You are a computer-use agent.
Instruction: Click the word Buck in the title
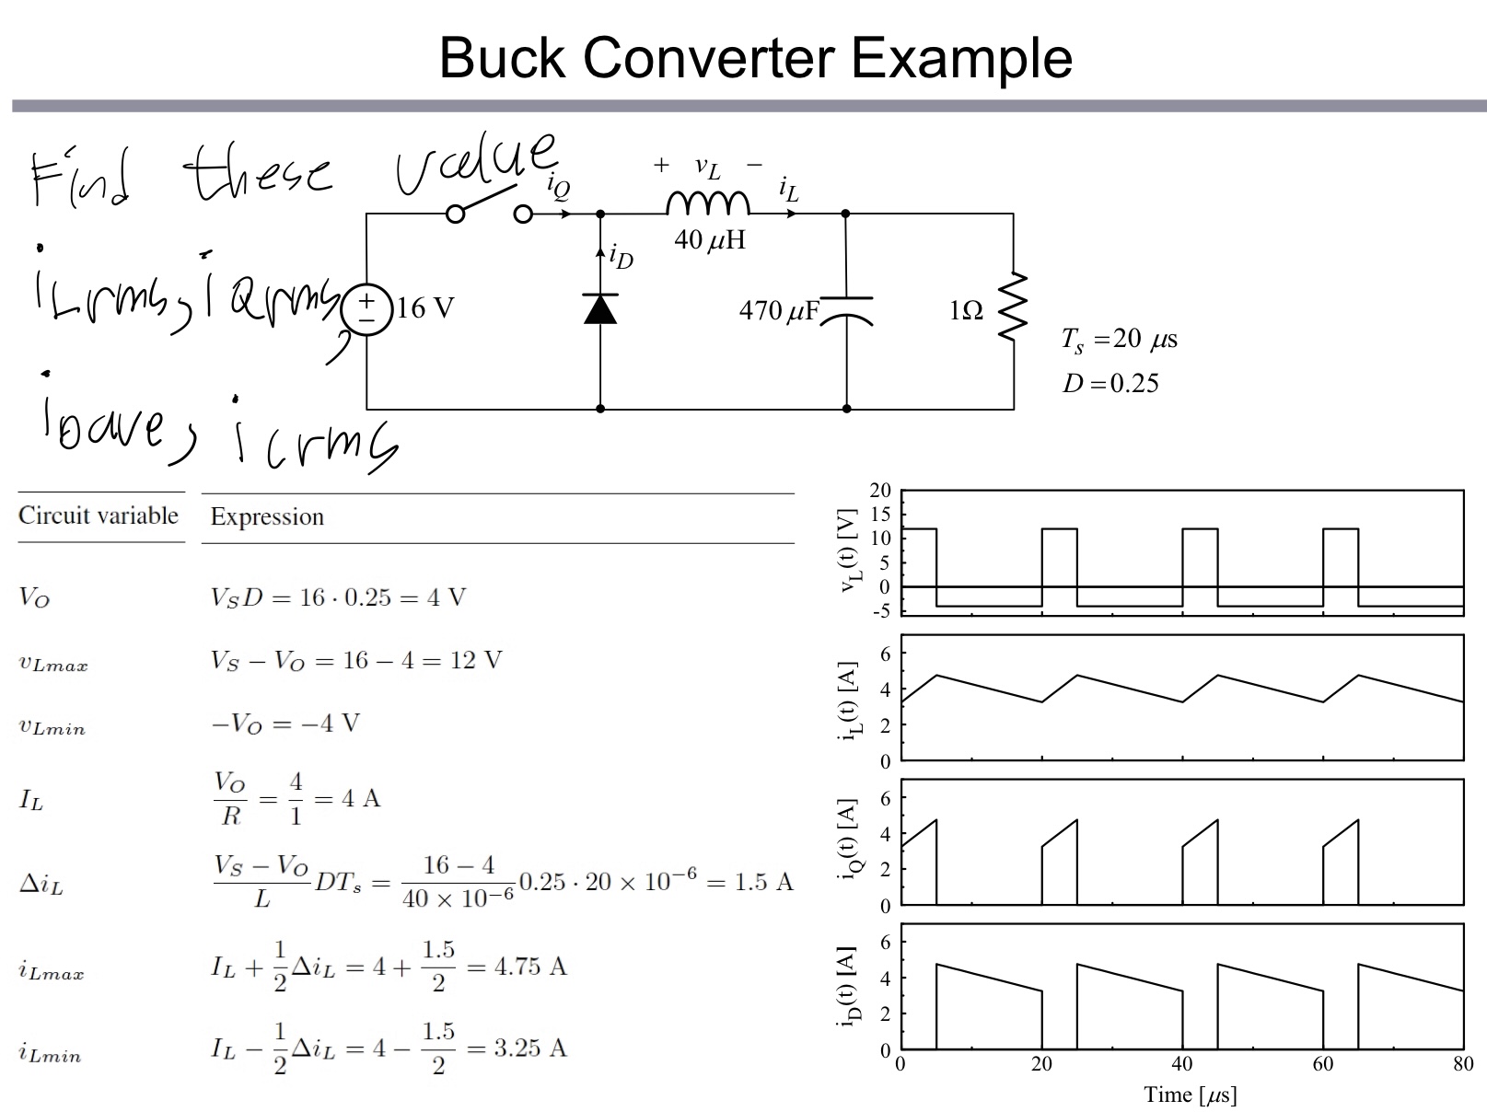(x=501, y=58)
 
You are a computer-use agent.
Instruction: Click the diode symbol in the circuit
(x=600, y=309)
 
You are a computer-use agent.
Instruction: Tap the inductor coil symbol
(x=708, y=203)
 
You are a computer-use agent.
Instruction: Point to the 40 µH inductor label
(x=709, y=240)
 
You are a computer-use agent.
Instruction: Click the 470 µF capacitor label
(x=778, y=311)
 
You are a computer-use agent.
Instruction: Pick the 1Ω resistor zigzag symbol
(x=1013, y=306)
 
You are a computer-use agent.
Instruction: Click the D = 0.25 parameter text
(x=1110, y=383)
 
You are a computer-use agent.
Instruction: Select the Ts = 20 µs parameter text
(x=1119, y=340)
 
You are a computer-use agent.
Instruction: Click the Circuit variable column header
(x=99, y=515)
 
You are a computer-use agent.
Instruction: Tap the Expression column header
(x=267, y=516)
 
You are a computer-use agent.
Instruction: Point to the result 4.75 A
(x=530, y=967)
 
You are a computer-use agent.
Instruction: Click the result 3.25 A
(x=530, y=1048)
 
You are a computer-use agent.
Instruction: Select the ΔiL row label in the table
(x=41, y=885)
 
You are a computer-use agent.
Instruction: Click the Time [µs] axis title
(x=1190, y=1094)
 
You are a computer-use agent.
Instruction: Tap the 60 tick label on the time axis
(x=1322, y=1064)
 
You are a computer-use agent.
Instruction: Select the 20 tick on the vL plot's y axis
(x=881, y=491)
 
